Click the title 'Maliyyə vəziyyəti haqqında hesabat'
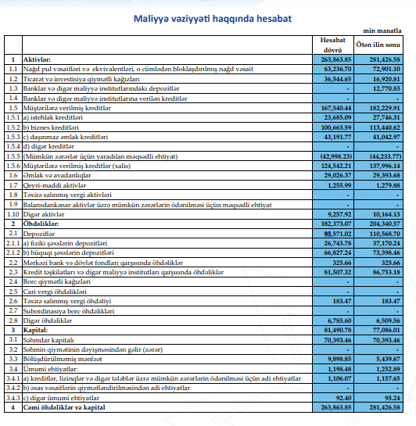pyautogui.click(x=213, y=19)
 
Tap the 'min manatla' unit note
pyautogui.click(x=382, y=30)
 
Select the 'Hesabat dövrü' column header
pyautogui.click(x=332, y=45)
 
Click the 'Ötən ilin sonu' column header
pyautogui.click(x=378, y=45)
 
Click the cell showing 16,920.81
pyautogui.click(x=386, y=79)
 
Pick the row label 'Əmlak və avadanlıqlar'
pyautogui.click(x=57, y=176)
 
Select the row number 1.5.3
pyautogui.click(x=13, y=137)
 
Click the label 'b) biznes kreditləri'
pyautogui.click(x=51, y=127)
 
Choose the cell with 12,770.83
pyautogui.click(x=386, y=88)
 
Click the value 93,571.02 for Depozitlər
pyautogui.click(x=338, y=234)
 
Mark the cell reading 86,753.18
pyautogui.click(x=386, y=272)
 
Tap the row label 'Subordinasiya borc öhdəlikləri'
pyautogui.click(x=69, y=311)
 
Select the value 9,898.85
pyautogui.click(x=339, y=359)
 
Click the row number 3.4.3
pyautogui.click(x=13, y=398)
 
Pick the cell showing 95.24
pyautogui.click(x=392, y=398)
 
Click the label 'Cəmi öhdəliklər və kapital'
pyautogui.click(x=64, y=407)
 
